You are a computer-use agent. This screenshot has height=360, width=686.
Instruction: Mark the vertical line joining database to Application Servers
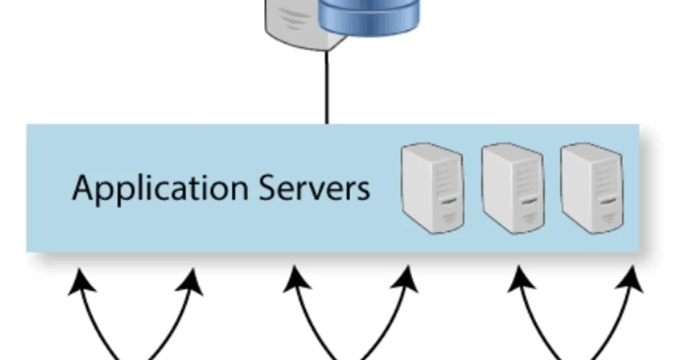coord(327,86)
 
